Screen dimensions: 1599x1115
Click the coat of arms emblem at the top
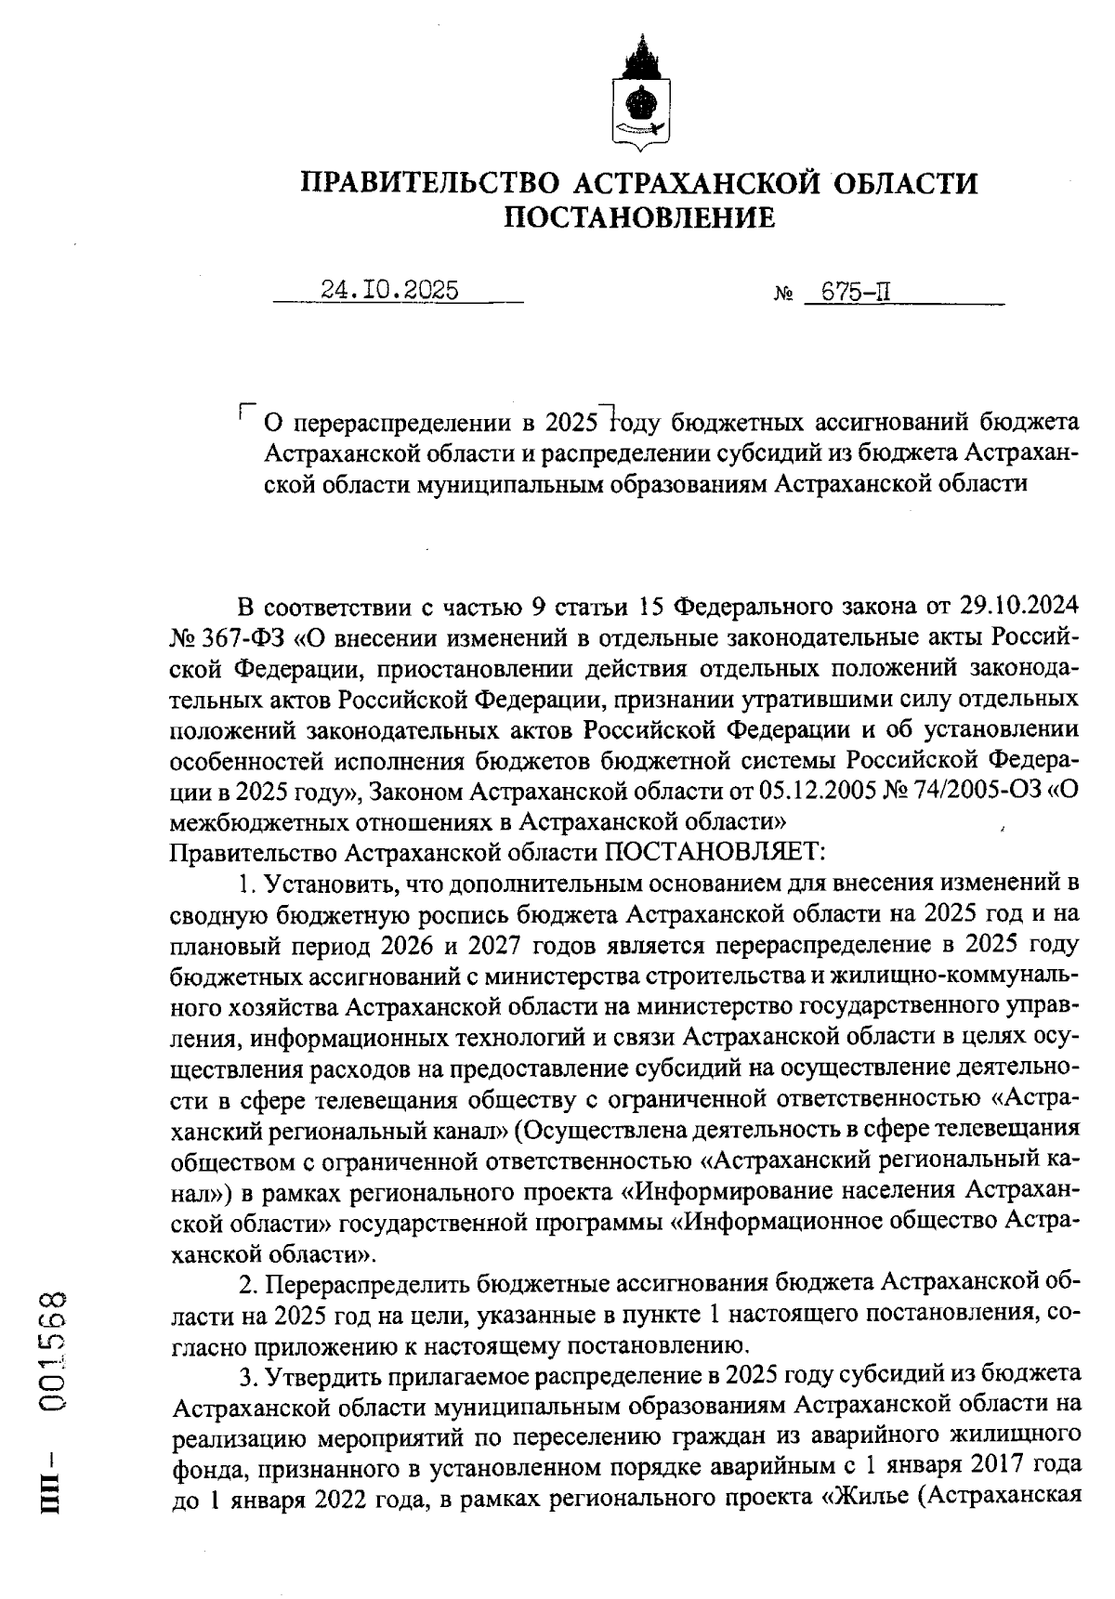638,94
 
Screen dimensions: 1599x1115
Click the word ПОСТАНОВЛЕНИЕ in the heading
638,217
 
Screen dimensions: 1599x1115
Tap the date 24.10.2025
389,291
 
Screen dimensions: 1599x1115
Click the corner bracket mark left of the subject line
246,410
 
